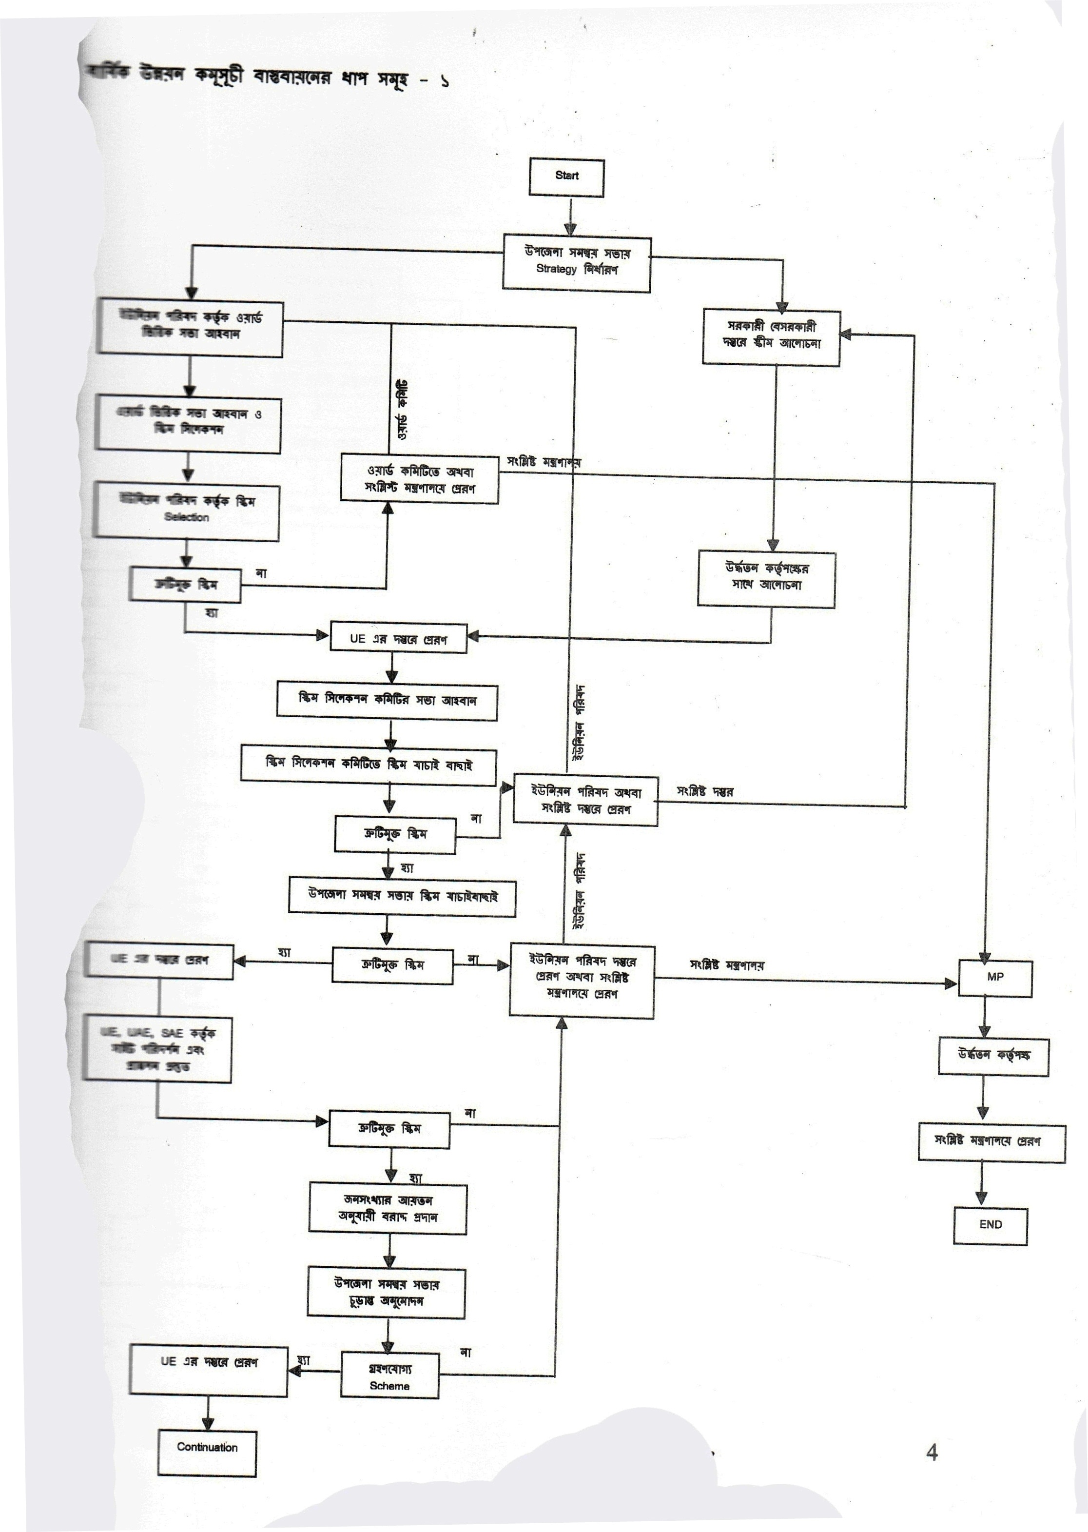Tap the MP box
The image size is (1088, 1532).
tap(995, 978)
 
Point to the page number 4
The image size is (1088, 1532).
tap(931, 1452)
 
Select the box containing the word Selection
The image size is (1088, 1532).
tap(186, 511)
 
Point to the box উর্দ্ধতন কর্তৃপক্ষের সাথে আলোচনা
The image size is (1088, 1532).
tap(766, 578)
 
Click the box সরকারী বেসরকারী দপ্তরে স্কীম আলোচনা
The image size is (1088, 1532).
tap(771, 336)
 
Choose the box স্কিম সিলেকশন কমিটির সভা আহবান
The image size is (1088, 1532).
tap(387, 701)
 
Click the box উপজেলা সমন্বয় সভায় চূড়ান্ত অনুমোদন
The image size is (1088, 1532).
tap(386, 1293)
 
